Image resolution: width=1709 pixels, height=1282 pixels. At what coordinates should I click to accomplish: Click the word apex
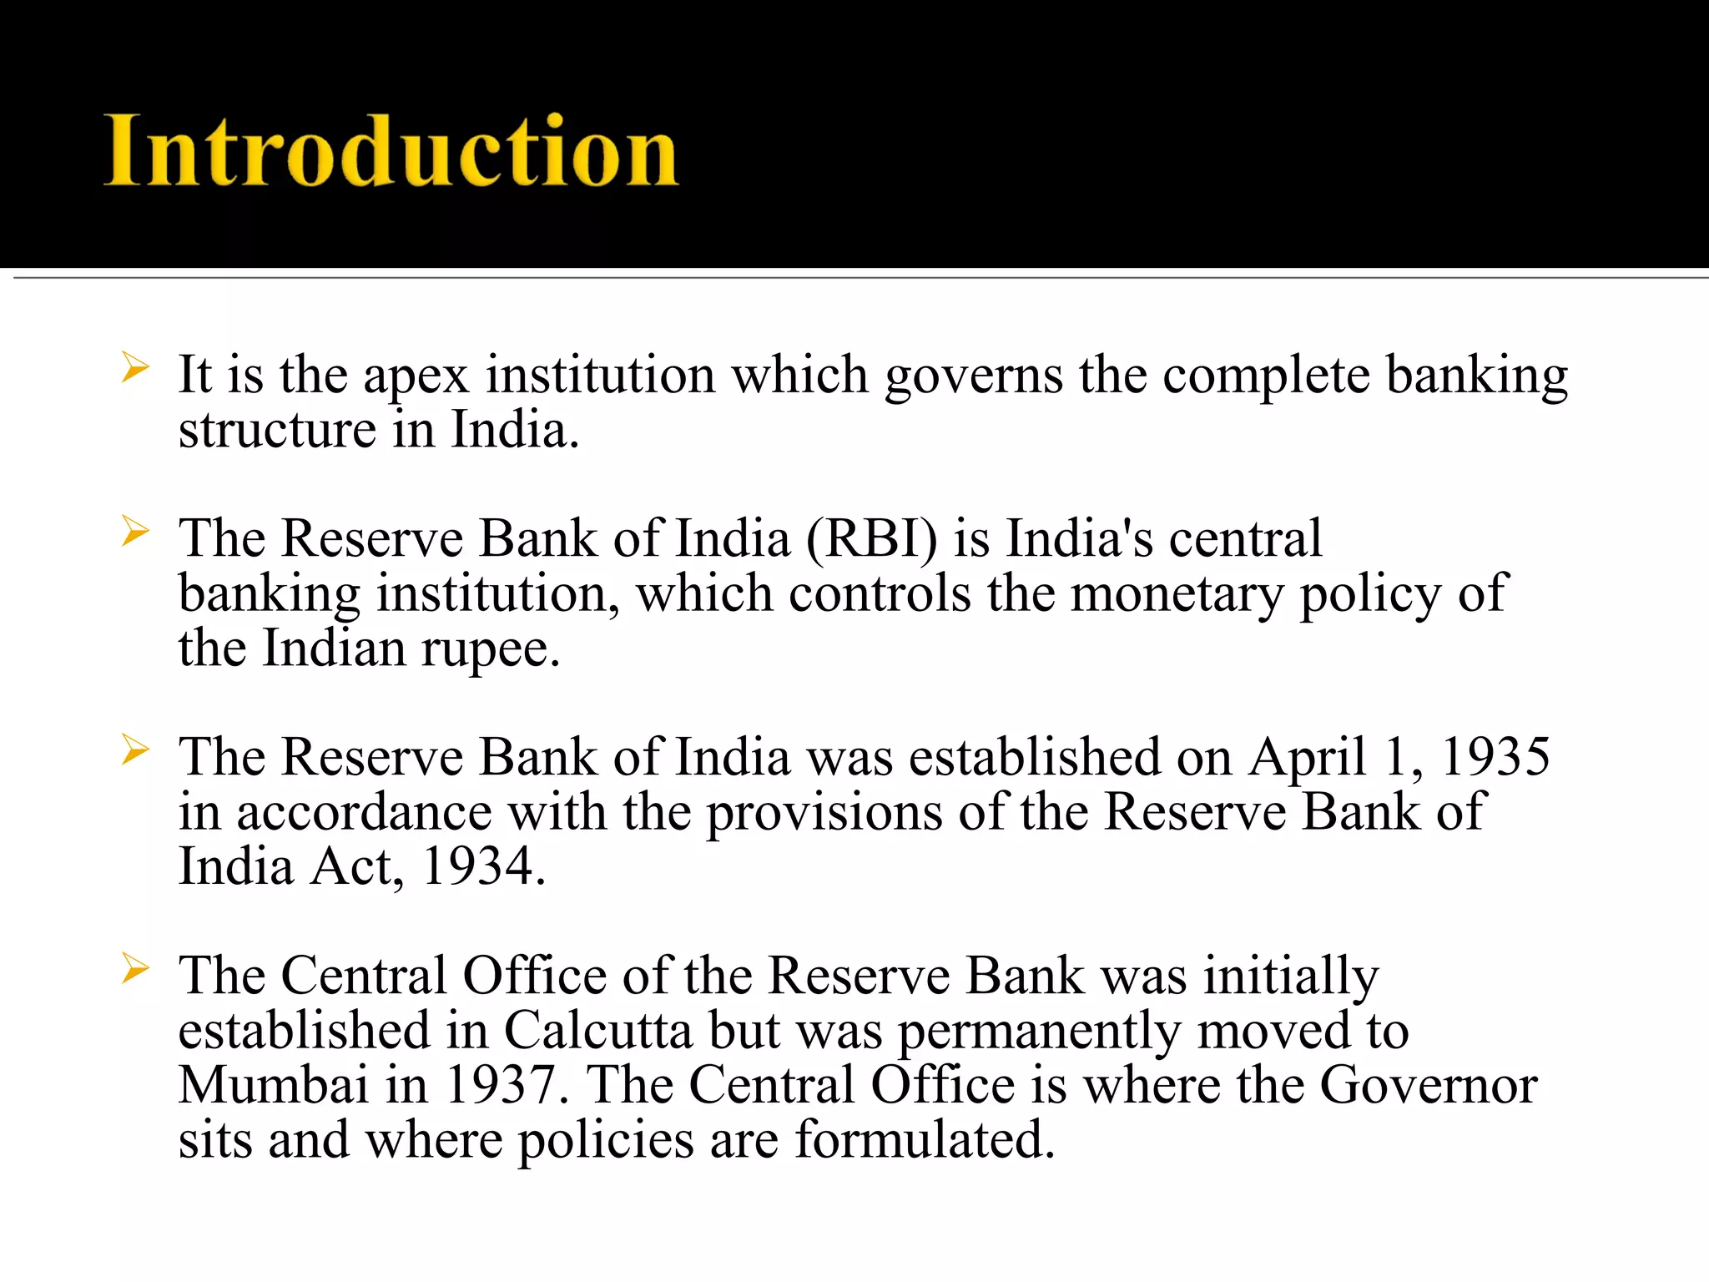click(x=416, y=376)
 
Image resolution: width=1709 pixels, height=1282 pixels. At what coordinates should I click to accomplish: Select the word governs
click(x=974, y=376)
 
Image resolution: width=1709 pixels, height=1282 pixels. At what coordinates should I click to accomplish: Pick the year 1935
click(x=1496, y=757)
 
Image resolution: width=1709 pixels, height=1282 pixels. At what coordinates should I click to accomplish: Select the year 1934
click(x=478, y=866)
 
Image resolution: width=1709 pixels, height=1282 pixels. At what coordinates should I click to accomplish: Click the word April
click(x=1308, y=757)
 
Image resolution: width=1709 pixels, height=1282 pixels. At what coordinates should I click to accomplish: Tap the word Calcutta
click(x=598, y=1030)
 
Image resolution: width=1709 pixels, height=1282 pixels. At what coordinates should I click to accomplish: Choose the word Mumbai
click(x=274, y=1085)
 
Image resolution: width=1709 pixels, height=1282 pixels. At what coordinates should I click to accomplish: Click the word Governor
click(x=1429, y=1085)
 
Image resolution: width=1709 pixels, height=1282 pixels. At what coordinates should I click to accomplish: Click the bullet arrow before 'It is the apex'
click(x=134, y=367)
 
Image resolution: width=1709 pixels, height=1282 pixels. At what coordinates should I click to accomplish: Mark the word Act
click(x=351, y=866)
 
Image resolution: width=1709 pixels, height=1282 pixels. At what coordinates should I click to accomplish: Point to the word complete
click(x=1266, y=376)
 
